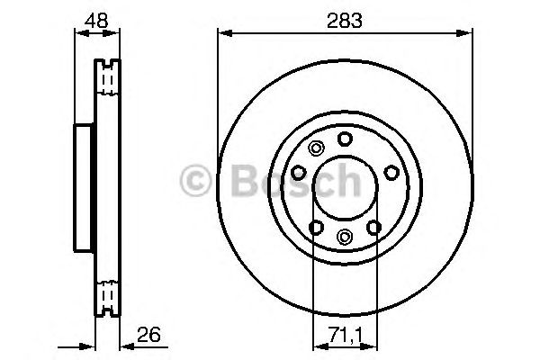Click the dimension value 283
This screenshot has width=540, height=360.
point(346,20)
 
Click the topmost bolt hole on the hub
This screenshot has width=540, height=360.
point(346,139)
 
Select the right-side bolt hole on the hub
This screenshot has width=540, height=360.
point(391,172)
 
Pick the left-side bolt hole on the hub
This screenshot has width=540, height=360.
point(299,172)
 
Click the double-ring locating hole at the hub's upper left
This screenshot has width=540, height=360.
point(315,149)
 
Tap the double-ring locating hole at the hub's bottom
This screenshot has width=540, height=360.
point(346,237)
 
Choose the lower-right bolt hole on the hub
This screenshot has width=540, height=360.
point(374,227)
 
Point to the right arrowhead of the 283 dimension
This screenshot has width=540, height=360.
point(469,34)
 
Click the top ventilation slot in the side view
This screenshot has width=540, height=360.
point(108,79)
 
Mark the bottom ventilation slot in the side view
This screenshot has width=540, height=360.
point(108,294)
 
